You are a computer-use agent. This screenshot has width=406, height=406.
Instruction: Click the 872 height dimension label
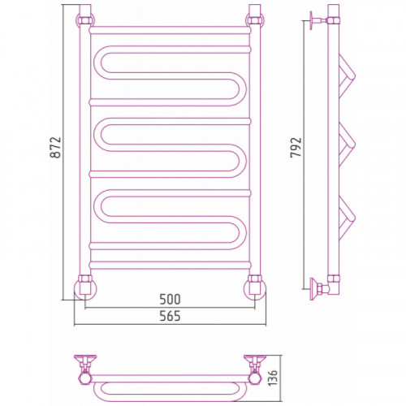pos(56,148)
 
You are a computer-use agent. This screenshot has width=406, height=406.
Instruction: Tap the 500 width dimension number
pos(170,300)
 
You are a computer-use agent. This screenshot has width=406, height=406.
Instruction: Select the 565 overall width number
pos(170,316)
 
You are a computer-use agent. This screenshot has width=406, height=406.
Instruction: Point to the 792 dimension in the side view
pos(296,148)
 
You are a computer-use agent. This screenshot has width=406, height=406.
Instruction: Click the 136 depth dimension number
pos(272,378)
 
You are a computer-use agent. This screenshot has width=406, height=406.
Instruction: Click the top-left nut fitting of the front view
pos(85,20)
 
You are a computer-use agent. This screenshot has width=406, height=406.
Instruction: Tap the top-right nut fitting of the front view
pos(255,20)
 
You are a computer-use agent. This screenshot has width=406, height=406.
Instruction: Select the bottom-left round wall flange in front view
pos(85,290)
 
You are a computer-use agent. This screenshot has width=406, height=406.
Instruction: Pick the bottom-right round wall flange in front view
pos(255,290)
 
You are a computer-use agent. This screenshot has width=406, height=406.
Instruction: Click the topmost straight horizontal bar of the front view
pos(170,30)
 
